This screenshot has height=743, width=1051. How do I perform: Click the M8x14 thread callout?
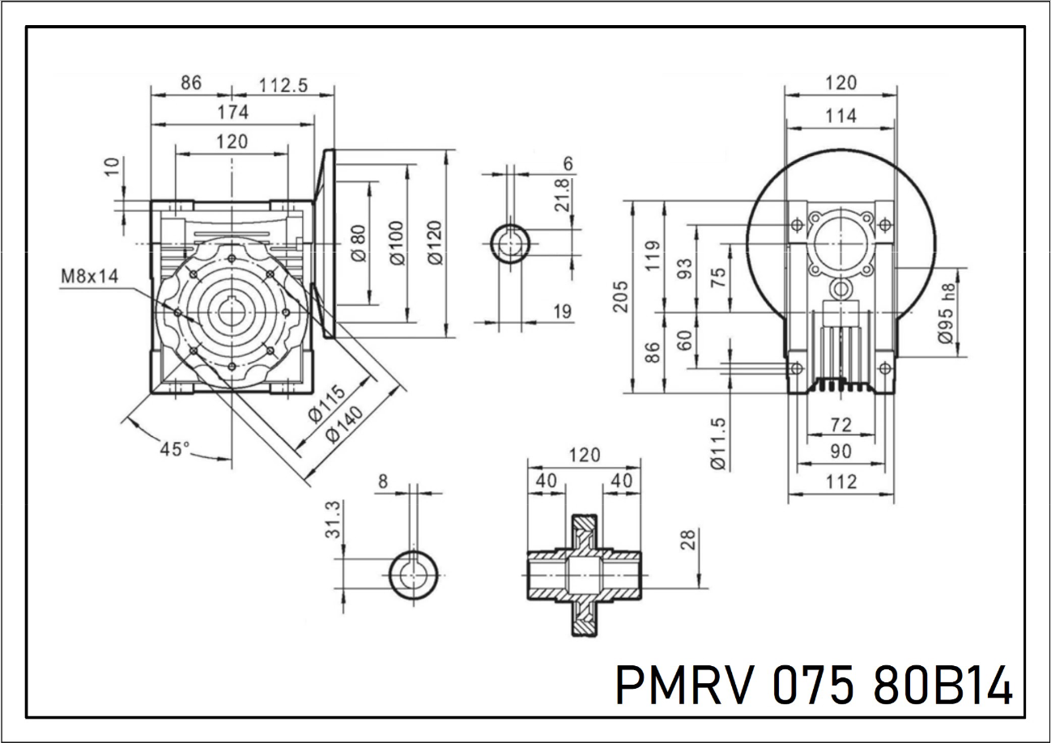(89, 277)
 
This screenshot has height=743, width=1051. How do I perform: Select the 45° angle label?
(175, 448)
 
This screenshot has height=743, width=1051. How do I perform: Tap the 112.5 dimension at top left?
(283, 85)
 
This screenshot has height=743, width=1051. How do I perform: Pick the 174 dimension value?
(232, 112)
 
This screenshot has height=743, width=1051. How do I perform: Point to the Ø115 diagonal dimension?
(327, 402)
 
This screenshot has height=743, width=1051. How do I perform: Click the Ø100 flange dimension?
(396, 243)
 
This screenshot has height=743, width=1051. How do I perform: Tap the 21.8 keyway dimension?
(561, 195)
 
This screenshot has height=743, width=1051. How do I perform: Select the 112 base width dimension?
(841, 482)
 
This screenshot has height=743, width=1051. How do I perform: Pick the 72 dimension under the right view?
(841, 423)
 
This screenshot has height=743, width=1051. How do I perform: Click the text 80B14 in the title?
(944, 687)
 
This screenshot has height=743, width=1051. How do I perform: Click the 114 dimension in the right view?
(841, 116)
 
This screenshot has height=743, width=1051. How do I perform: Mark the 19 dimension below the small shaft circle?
(564, 311)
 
